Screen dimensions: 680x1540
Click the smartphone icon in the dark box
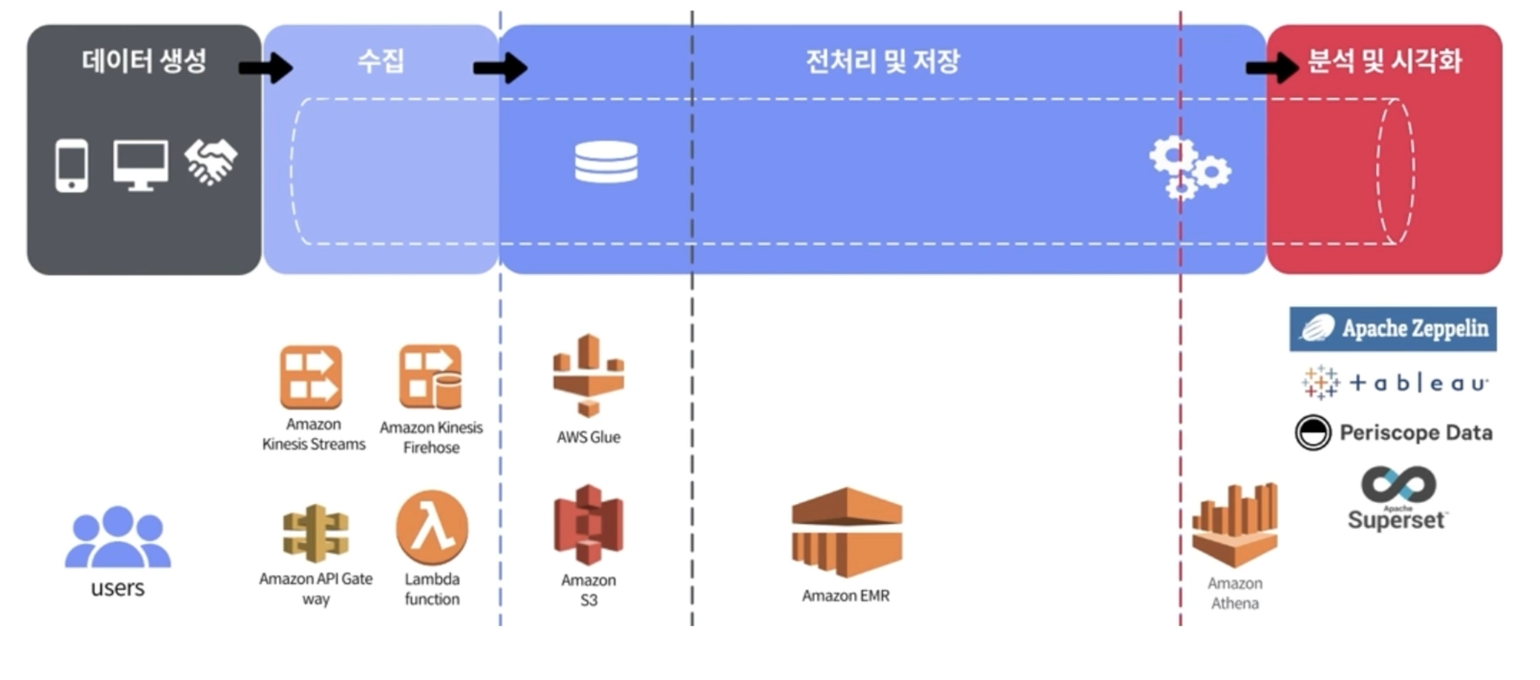(71, 165)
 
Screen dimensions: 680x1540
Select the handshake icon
(211, 162)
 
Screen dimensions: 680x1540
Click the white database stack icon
(606, 162)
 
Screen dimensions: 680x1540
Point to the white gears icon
(1189, 167)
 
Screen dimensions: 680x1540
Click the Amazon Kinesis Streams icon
(311, 377)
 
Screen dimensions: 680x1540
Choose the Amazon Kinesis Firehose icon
(430, 377)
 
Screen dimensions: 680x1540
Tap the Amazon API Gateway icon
(316, 533)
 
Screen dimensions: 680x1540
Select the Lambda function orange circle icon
(432, 528)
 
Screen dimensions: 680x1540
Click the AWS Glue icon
(589, 376)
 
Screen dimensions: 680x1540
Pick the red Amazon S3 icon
(589, 526)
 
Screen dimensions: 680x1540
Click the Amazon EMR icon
(846, 532)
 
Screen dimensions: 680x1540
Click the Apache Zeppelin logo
(1393, 329)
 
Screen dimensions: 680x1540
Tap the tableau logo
(1394, 382)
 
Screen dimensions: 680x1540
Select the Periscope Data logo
(1393, 432)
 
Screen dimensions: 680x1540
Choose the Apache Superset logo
(1397, 498)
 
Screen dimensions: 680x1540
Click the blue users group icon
(118, 538)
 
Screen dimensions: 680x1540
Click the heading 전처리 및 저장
(883, 62)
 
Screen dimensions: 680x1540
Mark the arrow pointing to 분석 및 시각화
(1271, 68)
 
